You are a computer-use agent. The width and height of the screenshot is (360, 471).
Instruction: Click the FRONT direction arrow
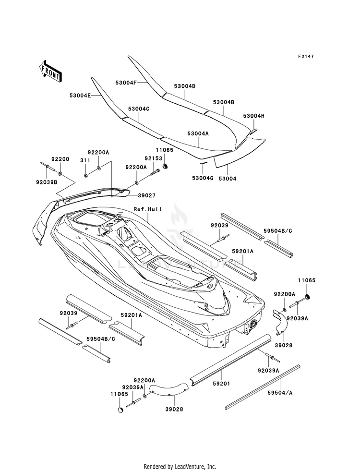tap(51, 72)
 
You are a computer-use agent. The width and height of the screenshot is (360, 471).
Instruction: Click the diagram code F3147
tap(306, 56)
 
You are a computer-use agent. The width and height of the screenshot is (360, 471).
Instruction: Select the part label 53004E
tap(80, 95)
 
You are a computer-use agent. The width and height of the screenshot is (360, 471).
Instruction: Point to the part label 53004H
tap(254, 116)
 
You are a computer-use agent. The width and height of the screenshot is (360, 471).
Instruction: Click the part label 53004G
tap(203, 179)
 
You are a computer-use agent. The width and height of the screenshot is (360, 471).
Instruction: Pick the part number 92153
tap(154, 158)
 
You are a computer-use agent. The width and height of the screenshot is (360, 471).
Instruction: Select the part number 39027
tap(146, 195)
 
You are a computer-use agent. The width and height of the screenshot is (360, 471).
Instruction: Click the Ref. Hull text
tap(148, 209)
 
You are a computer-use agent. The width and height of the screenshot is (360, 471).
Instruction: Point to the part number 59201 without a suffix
tap(222, 384)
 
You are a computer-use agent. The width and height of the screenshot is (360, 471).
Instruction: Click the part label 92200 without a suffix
tap(60, 159)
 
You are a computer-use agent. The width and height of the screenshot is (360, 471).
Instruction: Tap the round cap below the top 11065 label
tap(165, 167)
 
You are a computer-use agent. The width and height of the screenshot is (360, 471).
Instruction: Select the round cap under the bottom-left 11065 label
tap(120, 410)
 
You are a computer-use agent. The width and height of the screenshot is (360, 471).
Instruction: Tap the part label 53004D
tap(185, 86)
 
